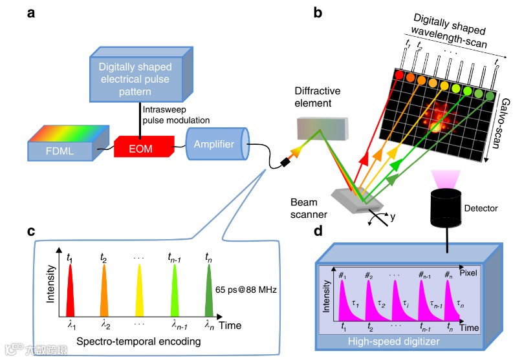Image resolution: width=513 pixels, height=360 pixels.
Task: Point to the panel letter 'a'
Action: [31, 13]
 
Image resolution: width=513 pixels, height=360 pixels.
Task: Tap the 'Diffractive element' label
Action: [317, 96]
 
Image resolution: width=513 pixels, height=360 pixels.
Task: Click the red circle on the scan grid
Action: [399, 76]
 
